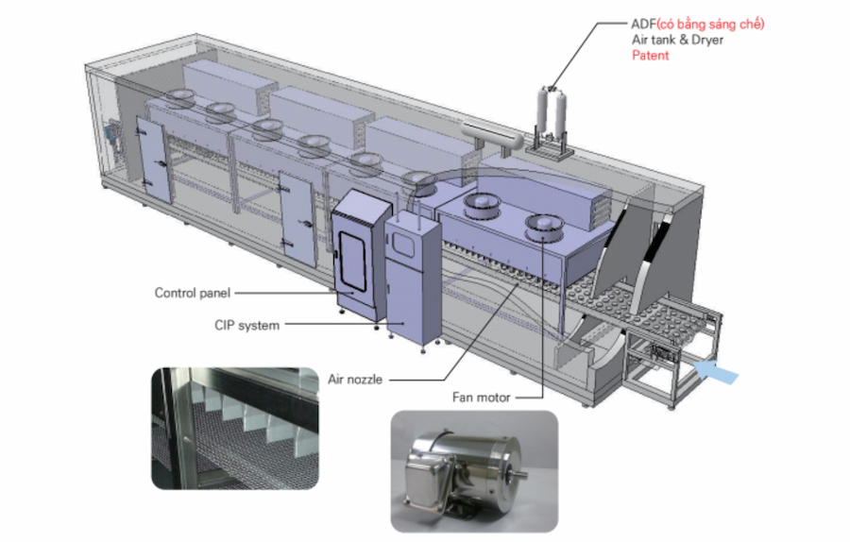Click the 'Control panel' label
193,294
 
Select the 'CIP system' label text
246,325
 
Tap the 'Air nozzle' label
355,380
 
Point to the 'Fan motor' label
482,398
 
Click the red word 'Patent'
651,56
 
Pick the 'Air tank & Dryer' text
677,40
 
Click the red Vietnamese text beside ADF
710,24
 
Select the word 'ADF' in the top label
643,24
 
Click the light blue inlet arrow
716,372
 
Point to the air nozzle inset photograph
235,428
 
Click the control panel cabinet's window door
352,262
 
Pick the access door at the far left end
152,161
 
